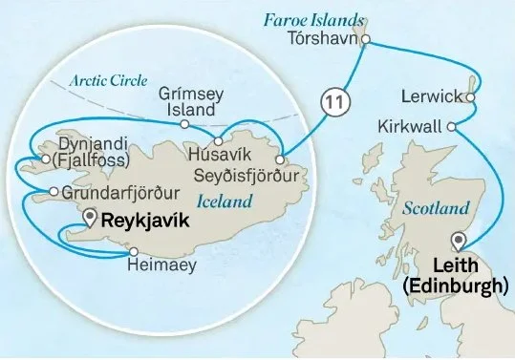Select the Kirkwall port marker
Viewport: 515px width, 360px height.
(450, 126)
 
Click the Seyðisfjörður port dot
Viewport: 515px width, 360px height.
(279, 159)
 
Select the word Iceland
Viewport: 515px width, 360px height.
(225, 201)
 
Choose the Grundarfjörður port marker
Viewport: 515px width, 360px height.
(53, 192)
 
